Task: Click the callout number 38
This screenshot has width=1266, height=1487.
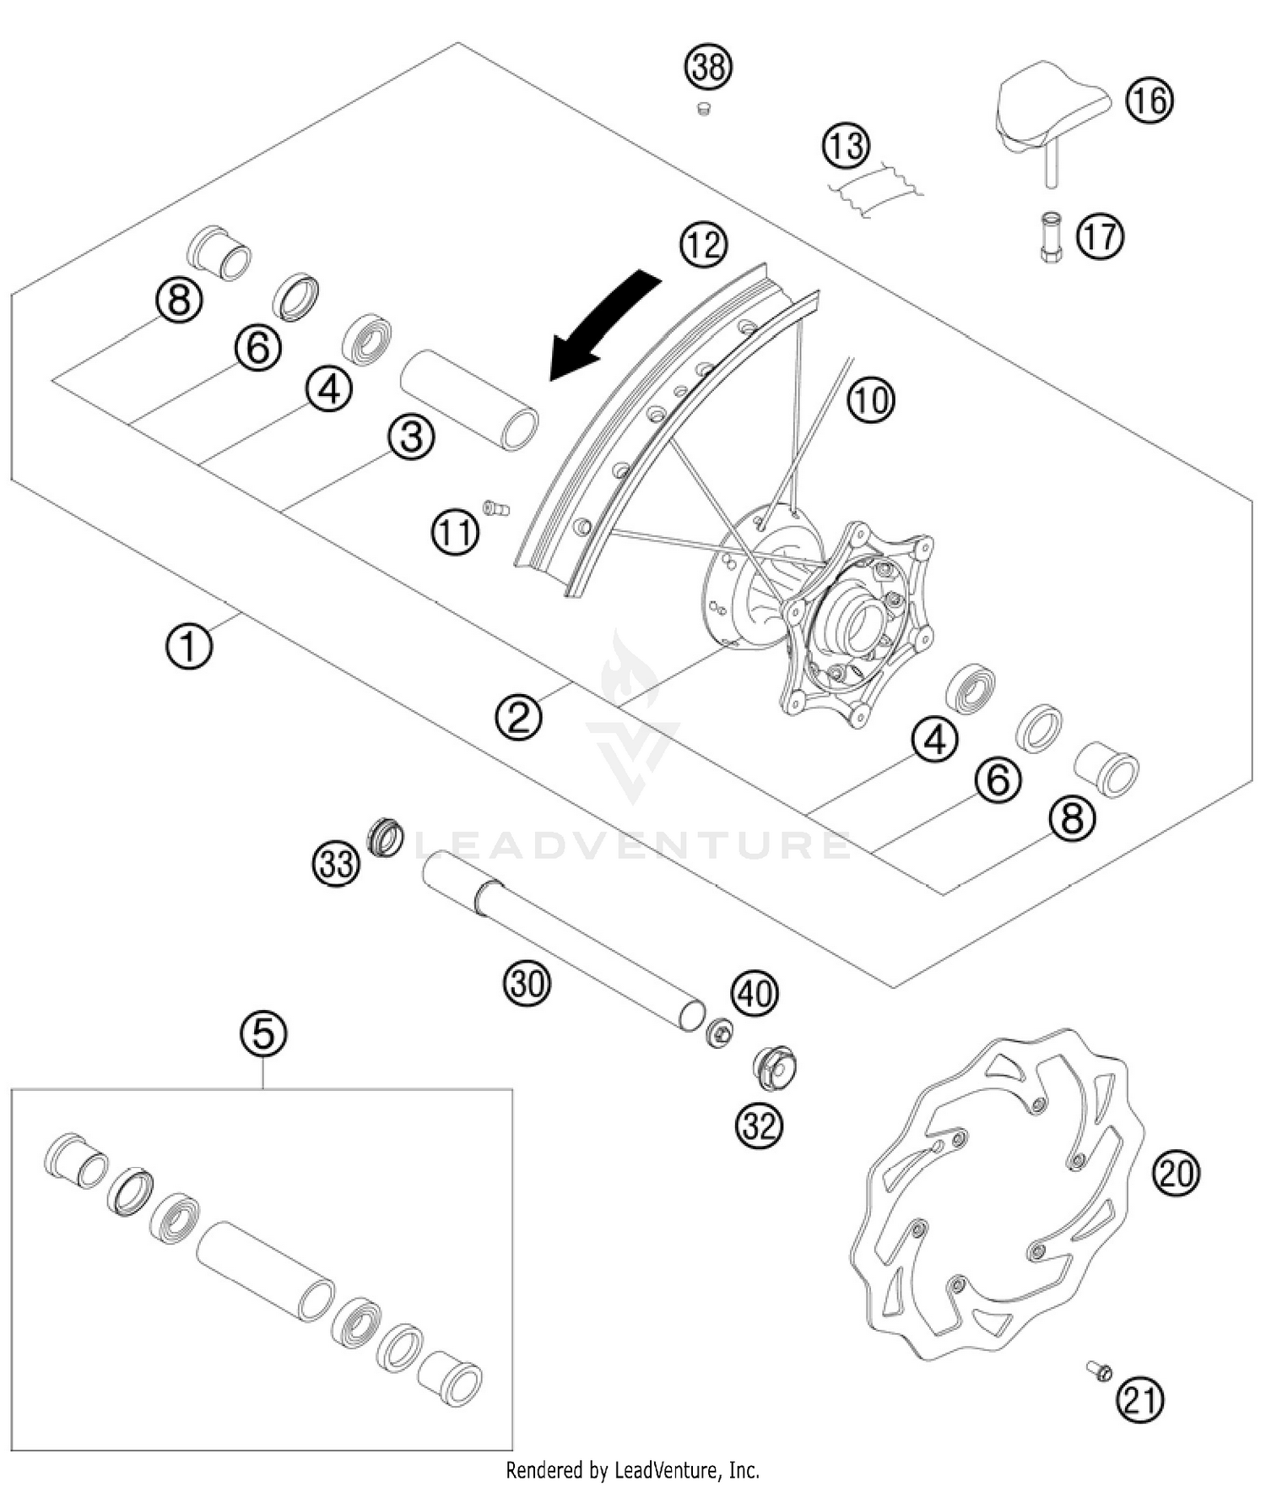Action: point(708,67)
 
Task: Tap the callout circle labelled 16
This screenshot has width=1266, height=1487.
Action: point(1150,100)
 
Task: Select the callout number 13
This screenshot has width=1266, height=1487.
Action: point(846,145)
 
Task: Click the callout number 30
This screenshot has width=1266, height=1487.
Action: point(527,983)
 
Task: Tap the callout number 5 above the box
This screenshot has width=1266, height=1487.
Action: point(263,1034)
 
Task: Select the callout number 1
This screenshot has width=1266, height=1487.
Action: point(189,647)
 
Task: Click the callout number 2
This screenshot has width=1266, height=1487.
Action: point(518,718)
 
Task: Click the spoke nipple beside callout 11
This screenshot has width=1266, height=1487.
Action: point(496,507)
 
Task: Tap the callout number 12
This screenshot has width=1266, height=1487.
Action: point(704,245)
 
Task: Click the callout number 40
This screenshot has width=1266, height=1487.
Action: point(755,993)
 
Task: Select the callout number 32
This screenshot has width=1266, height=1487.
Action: point(759,1125)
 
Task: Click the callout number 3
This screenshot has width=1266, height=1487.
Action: point(411,437)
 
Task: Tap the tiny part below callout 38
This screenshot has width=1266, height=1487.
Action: point(703,108)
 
